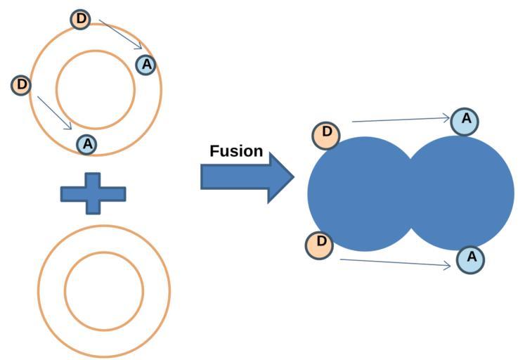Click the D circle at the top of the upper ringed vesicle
click(82, 19)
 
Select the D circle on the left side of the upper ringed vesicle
click(22, 85)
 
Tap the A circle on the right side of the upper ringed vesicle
click(145, 65)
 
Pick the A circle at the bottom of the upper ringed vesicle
click(86, 144)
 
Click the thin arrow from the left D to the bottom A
click(54, 112)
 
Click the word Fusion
click(236, 151)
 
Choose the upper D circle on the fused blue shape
click(325, 134)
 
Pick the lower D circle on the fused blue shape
click(320, 245)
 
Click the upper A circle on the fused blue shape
click(465, 121)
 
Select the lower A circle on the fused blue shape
click(471, 259)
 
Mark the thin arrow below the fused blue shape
click(395, 263)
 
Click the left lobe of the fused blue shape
click(358, 193)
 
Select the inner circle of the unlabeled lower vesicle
click(104, 290)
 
